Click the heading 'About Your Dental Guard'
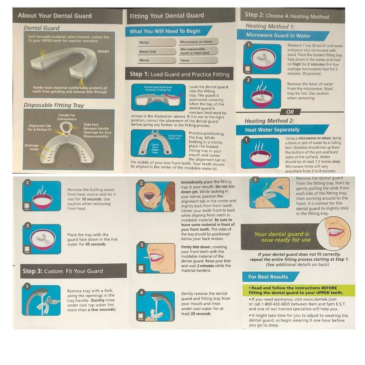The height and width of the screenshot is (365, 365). point(55,16)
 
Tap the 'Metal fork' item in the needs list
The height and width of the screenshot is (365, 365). point(148,52)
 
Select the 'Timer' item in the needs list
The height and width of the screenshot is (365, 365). point(185,61)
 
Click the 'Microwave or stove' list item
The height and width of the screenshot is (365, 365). point(196,42)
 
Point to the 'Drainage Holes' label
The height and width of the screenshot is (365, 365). point(32,147)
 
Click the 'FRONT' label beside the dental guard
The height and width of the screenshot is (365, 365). point(103,52)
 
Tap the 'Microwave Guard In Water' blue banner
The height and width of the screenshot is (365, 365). point(278,36)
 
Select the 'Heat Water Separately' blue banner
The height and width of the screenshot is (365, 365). point(272,130)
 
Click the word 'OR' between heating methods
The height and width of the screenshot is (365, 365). point(290,112)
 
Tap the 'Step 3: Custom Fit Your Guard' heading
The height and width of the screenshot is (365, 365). point(63,271)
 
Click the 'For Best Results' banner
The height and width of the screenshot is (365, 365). point(268,277)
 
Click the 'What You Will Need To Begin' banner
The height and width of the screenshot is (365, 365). point(165,31)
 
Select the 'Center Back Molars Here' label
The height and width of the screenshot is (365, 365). point(155,148)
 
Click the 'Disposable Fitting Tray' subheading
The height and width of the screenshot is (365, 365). point(54,105)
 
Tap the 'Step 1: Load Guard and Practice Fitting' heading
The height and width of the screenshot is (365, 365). point(179,74)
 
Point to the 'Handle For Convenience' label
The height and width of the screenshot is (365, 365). point(67,117)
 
